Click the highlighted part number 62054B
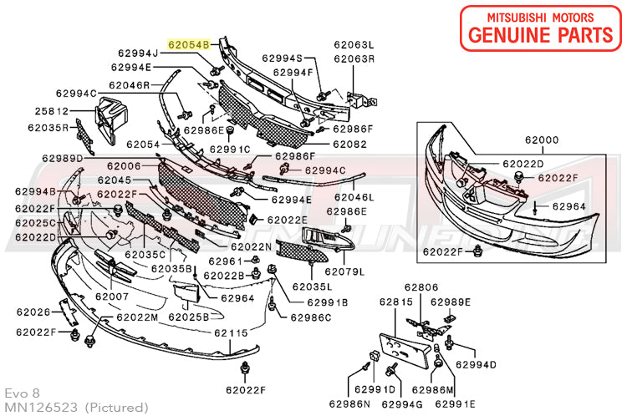point(190,40)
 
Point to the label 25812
point(51,111)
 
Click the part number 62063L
point(354,45)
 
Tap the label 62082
point(349,145)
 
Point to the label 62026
point(33,312)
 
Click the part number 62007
point(111,296)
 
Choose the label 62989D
point(63,159)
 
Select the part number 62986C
point(311,317)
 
